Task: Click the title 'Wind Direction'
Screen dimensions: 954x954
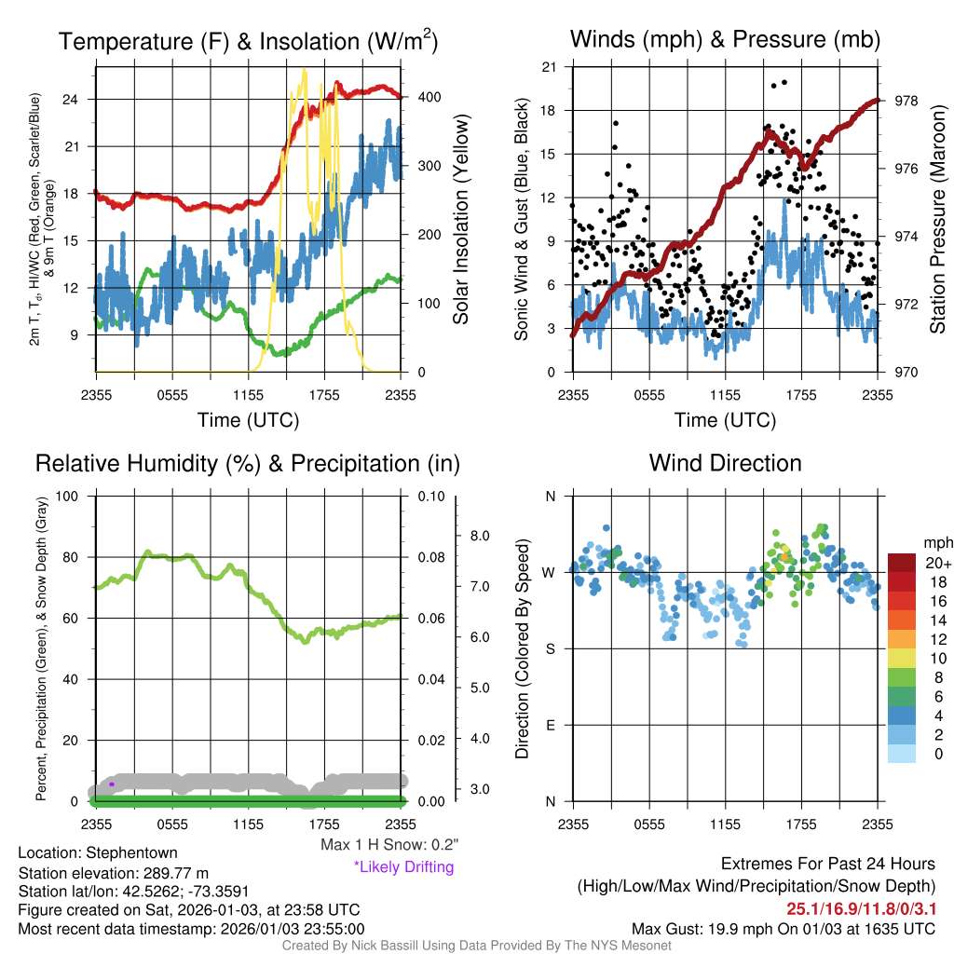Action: (x=725, y=463)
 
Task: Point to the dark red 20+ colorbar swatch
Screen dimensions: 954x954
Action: (x=902, y=563)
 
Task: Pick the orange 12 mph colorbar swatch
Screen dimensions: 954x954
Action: (x=902, y=638)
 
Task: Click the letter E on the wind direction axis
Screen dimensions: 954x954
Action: (x=550, y=725)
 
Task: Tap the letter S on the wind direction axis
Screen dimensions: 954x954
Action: (x=550, y=648)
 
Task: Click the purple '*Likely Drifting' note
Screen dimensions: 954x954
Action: (x=403, y=867)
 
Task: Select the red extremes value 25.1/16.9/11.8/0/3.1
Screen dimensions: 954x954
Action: (x=861, y=908)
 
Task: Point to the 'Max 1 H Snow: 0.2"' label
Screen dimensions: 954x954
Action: (x=389, y=845)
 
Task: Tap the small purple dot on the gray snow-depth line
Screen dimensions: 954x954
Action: (x=112, y=784)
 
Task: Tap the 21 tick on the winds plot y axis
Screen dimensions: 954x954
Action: (x=548, y=67)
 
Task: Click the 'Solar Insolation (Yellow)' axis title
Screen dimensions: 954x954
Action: (x=460, y=220)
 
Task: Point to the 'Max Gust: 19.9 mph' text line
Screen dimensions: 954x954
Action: (x=784, y=929)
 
